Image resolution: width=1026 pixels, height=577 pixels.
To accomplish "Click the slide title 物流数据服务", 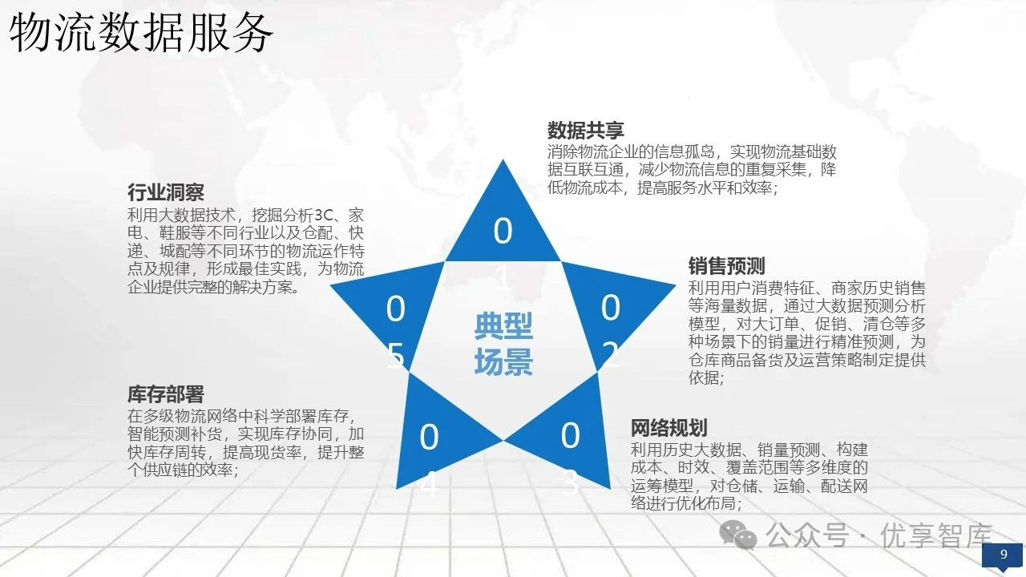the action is pos(141,33).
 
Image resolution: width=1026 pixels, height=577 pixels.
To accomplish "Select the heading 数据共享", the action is pos(586,131).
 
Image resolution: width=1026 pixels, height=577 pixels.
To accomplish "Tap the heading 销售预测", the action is pos(726,266).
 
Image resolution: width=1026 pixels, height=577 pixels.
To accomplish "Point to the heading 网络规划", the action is pos(669,428).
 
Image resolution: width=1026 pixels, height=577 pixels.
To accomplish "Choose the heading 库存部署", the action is pos(165,394).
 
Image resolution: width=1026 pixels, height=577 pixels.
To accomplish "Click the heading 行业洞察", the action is pos(165,192).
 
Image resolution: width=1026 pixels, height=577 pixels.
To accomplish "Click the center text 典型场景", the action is pos(503,345).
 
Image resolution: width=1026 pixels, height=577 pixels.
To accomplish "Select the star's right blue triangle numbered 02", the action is pos(614,312).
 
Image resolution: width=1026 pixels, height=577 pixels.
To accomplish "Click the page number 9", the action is pos(1004,555).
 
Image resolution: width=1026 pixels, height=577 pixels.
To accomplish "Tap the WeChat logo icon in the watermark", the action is pos(738,535).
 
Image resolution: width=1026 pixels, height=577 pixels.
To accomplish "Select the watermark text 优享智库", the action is pos(936,535).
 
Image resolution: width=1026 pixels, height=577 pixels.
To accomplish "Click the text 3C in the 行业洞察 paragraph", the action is pos(323,215).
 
